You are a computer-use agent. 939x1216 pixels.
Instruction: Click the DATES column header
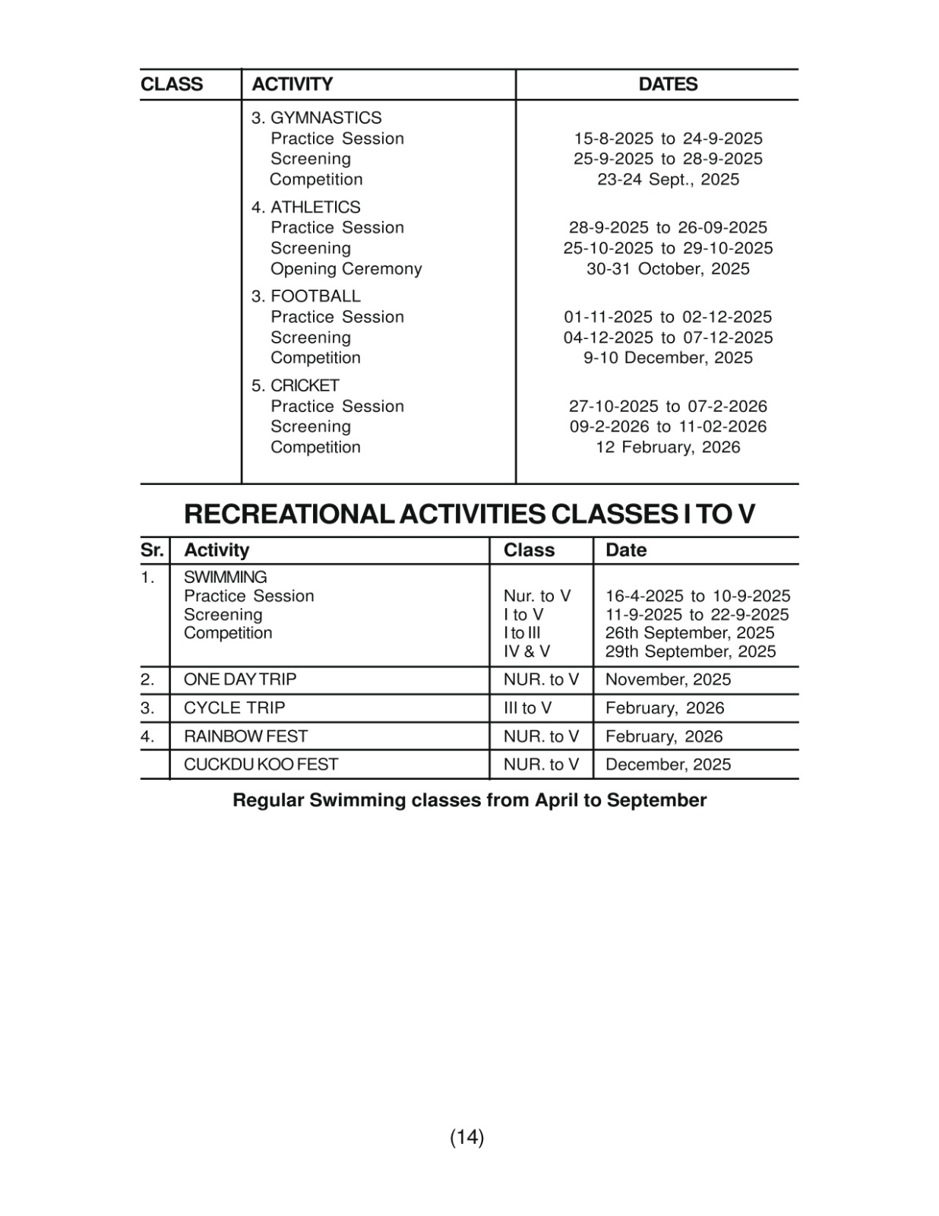(x=668, y=84)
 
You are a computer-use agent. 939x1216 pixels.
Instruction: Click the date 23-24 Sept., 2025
(x=668, y=179)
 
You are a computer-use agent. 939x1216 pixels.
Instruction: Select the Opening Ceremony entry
(x=346, y=268)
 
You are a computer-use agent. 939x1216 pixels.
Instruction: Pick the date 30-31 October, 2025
(x=668, y=268)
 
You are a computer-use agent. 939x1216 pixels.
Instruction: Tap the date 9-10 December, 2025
(x=668, y=358)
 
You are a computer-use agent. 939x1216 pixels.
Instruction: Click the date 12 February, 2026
(x=668, y=447)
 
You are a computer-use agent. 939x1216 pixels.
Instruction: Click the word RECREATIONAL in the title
(x=289, y=515)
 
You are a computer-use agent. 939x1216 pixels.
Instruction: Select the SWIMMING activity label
(x=226, y=577)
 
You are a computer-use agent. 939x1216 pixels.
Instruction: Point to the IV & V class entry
(x=526, y=651)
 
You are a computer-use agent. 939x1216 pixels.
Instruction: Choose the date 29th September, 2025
(x=691, y=651)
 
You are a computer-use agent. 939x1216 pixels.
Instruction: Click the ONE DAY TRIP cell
(x=240, y=679)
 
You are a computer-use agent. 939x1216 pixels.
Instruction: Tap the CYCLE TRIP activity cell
(x=234, y=708)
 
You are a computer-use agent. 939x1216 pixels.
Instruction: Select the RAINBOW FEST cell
(x=245, y=736)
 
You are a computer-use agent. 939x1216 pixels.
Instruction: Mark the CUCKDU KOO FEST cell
(x=261, y=765)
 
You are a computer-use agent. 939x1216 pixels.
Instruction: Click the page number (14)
(x=467, y=1137)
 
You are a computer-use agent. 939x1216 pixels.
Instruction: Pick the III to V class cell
(x=527, y=708)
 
